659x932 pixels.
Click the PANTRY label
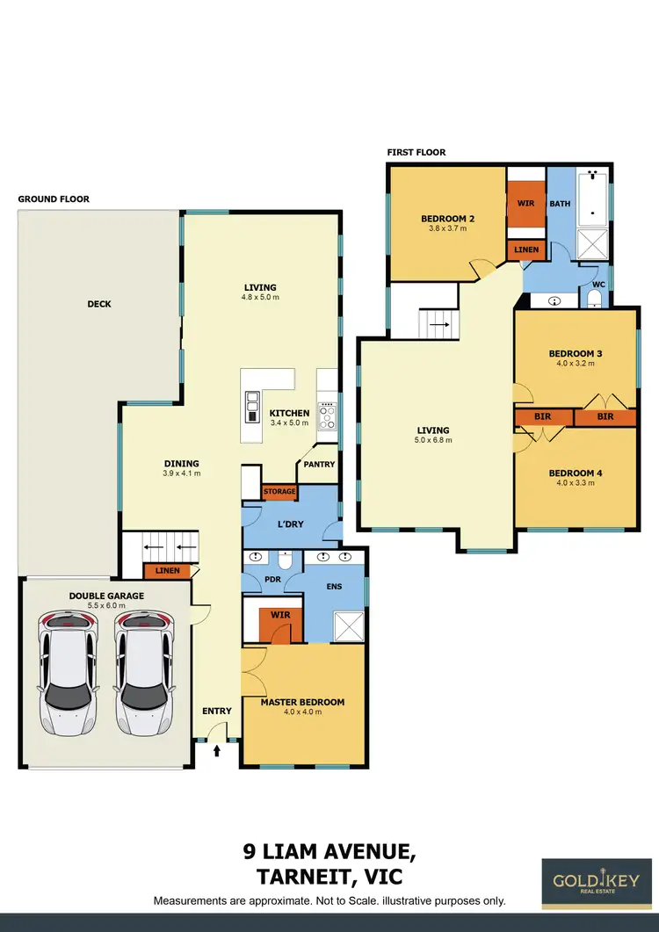click(x=318, y=464)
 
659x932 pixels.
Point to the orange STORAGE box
click(x=279, y=492)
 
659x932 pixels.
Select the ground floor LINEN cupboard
click(x=167, y=571)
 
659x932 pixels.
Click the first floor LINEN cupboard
click(x=526, y=250)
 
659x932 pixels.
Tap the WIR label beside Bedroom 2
click(x=526, y=203)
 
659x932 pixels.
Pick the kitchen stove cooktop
click(x=328, y=415)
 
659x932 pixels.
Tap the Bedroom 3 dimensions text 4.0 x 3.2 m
click(x=575, y=365)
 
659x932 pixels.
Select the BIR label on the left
click(x=544, y=416)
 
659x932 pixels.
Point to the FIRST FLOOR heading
click(x=416, y=153)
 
